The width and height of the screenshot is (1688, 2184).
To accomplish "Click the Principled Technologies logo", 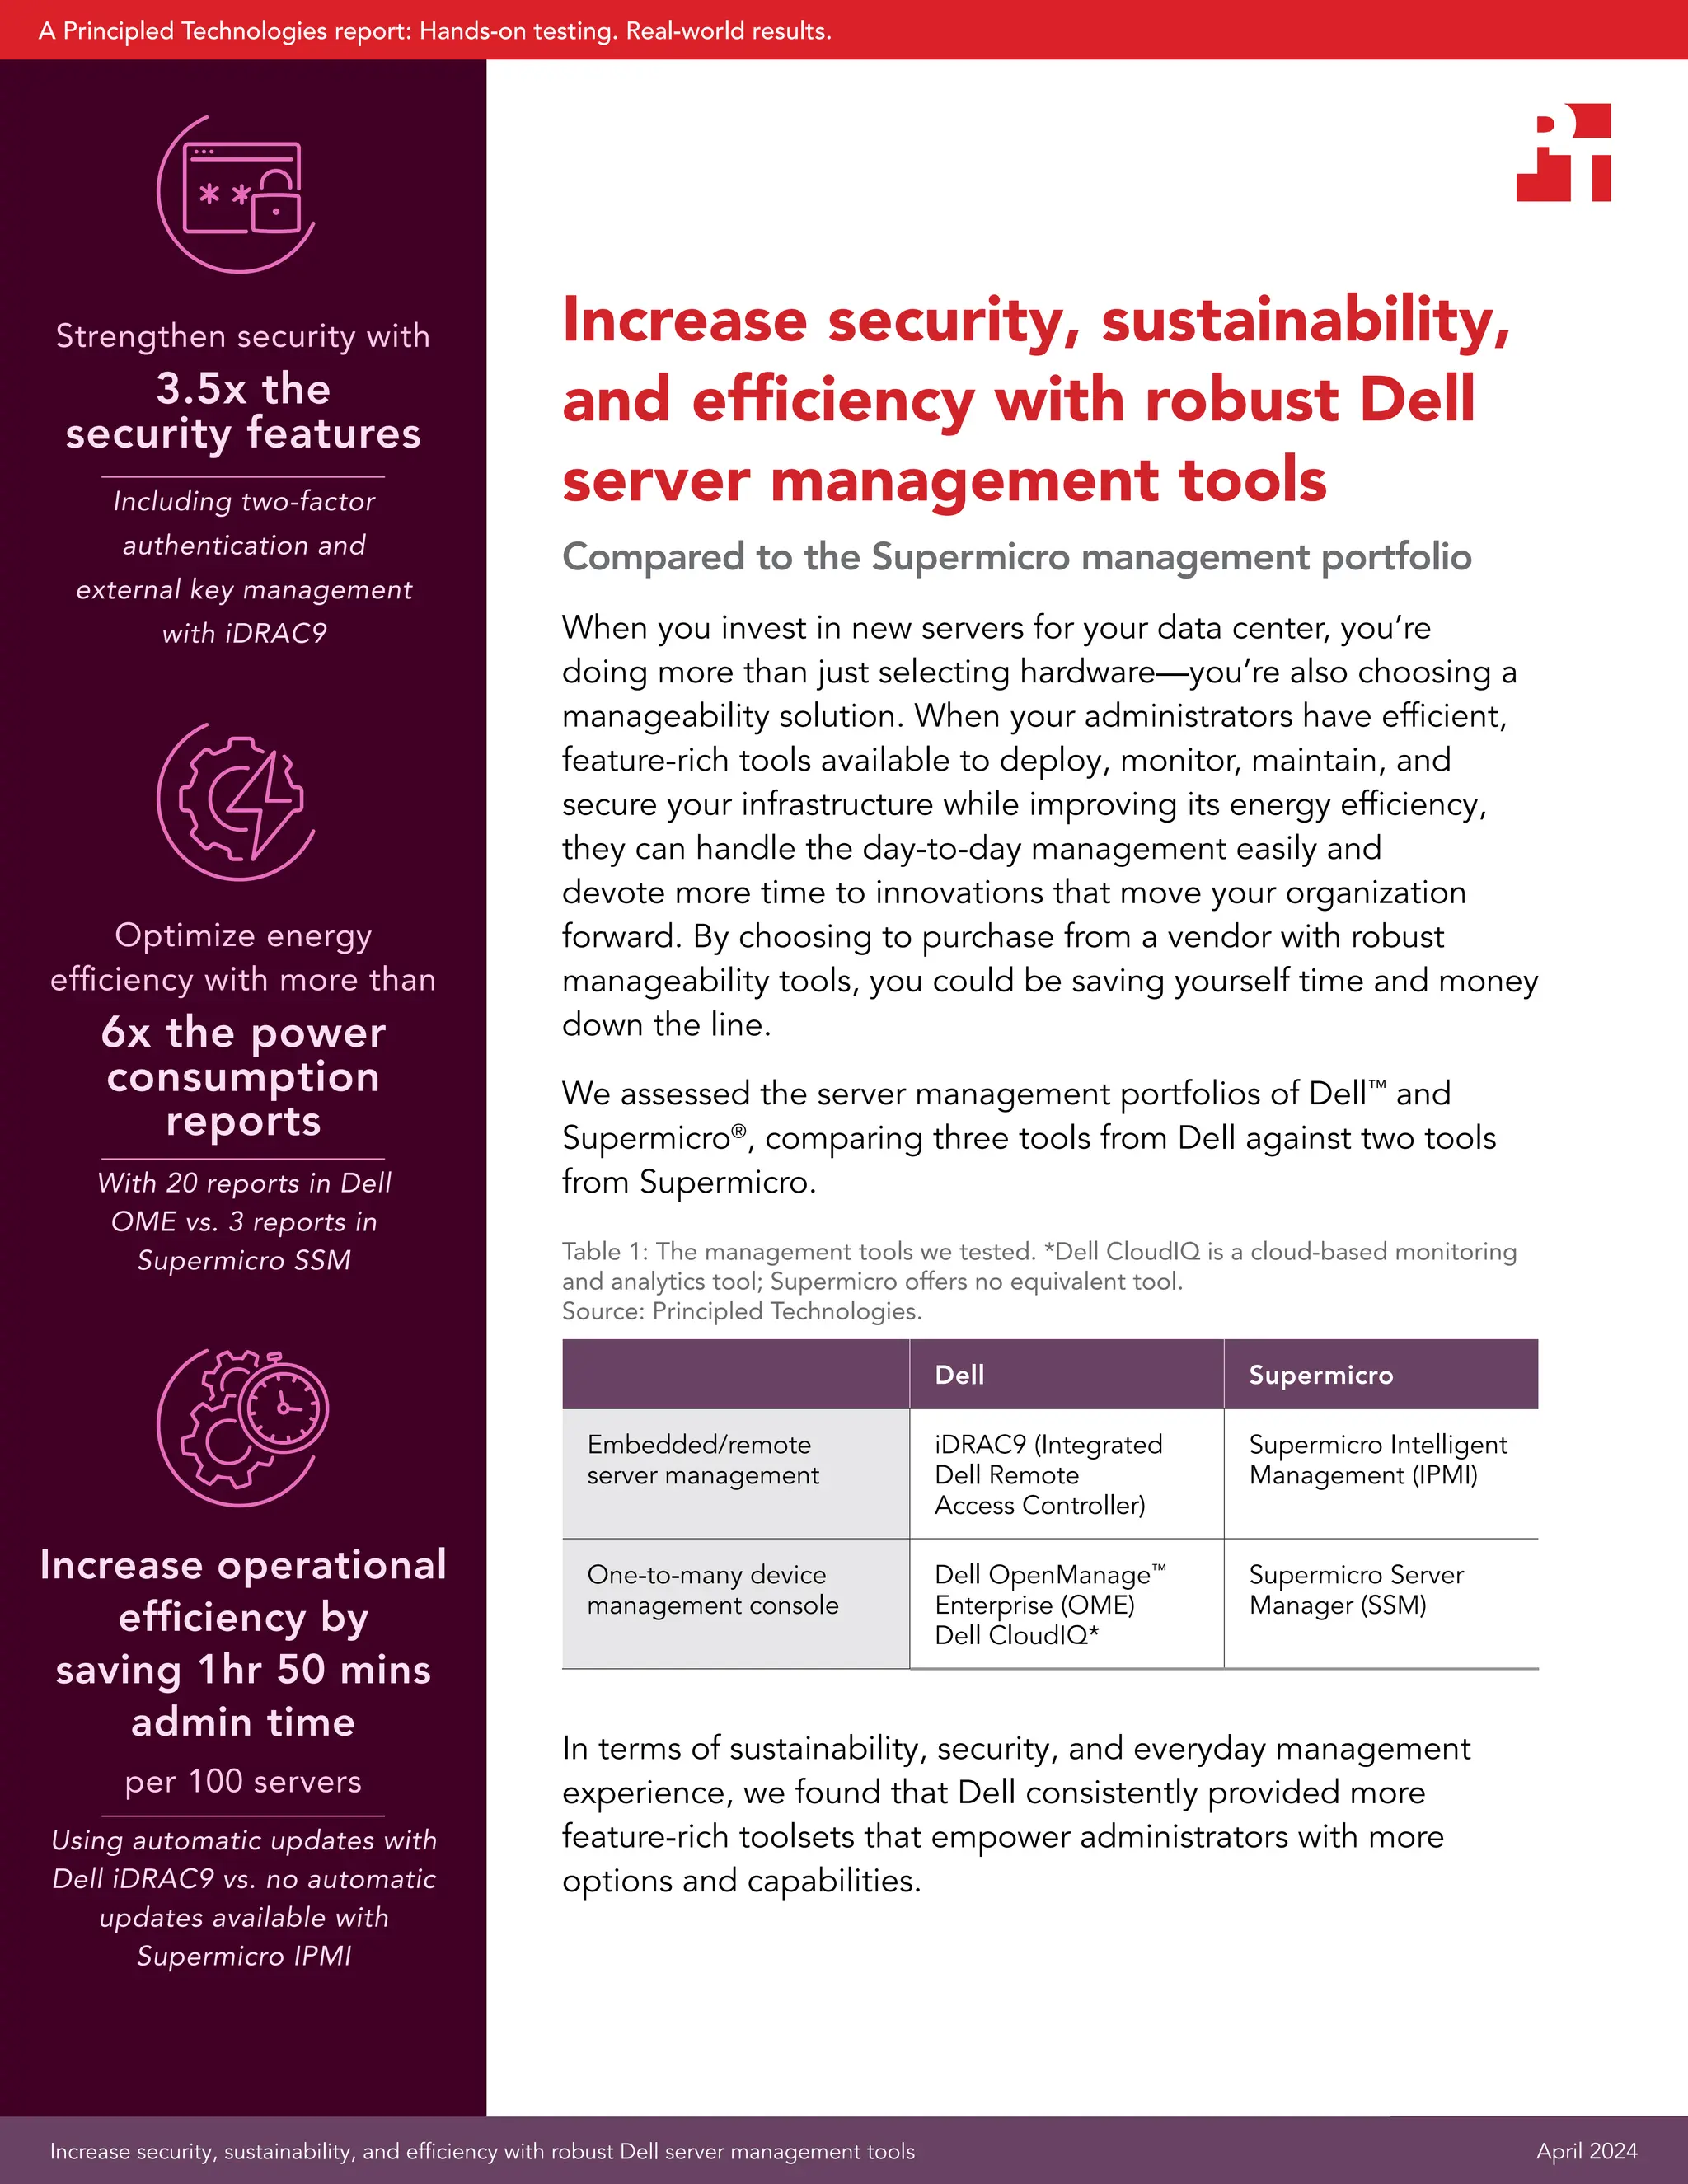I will [x=1563, y=153].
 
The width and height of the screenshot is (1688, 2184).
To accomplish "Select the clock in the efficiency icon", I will [x=286, y=1406].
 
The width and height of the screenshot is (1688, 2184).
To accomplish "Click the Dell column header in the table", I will [x=959, y=1375].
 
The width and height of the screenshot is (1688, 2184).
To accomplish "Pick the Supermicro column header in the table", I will [x=1320, y=1375].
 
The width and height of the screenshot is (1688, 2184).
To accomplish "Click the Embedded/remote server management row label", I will [x=702, y=1460].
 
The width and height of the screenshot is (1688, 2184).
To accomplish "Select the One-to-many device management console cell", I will [x=712, y=1590].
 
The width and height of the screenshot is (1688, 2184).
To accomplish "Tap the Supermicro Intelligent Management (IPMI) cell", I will [x=1377, y=1460].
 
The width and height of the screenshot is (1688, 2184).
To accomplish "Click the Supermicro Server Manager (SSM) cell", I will [x=1355, y=1590].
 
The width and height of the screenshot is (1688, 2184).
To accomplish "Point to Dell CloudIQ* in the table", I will [x=1016, y=1636].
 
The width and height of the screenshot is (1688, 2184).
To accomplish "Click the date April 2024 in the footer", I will [x=1586, y=2151].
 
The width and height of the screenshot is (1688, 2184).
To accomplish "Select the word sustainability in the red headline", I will [x=1304, y=322].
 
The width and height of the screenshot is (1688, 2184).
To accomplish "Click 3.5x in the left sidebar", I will [x=201, y=389].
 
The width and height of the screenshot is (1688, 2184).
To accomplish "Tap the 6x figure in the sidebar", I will [x=126, y=1033].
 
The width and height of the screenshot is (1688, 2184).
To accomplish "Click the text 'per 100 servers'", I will [x=243, y=1781].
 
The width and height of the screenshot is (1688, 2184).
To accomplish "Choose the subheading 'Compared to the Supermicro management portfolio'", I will [x=1016, y=557].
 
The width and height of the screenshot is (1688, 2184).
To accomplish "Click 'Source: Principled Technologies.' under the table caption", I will [x=741, y=1311].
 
